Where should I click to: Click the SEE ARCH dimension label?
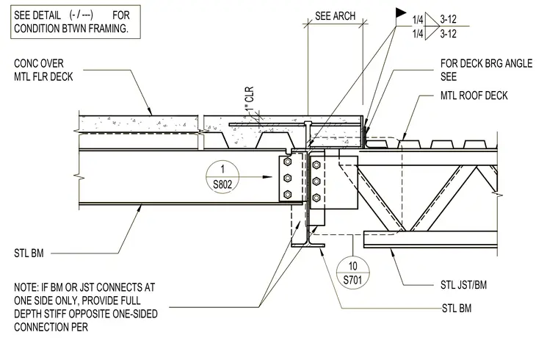tap(335, 16)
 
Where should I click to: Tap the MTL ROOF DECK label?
tap(474, 96)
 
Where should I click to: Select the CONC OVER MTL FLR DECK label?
tap(43, 70)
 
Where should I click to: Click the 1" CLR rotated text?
tap(250, 98)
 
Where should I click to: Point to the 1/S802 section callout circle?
tap(222, 176)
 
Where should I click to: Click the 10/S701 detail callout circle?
tap(352, 273)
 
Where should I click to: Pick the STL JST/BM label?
tap(463, 285)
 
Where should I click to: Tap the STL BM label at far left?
tap(29, 253)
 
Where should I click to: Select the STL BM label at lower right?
tap(457, 308)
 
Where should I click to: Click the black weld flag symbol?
tap(401, 12)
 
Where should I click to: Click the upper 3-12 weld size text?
tap(448, 19)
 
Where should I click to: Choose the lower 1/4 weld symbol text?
tap(418, 34)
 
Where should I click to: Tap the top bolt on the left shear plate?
tap(288, 162)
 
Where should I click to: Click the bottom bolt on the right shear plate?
tap(316, 198)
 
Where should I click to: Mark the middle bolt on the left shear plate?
tap(288, 178)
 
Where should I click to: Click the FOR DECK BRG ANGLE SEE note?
tap(486, 70)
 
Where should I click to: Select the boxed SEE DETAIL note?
tap(76, 22)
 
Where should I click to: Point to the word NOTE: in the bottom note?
tap(26, 287)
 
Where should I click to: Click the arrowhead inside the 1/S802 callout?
tap(267, 176)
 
